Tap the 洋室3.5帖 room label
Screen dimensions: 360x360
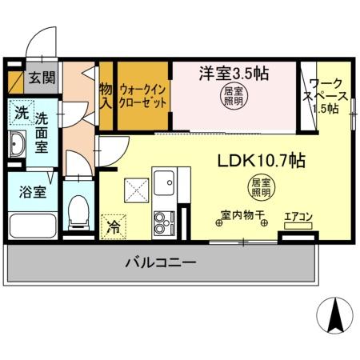tap(233, 73)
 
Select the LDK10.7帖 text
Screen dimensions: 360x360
tap(261, 160)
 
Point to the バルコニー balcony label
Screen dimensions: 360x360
tap(160, 262)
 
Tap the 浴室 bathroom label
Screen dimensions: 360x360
tap(22, 192)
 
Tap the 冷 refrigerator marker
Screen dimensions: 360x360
tap(114, 226)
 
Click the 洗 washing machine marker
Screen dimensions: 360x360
tap(19, 112)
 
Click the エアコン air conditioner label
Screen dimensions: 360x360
tap(298, 216)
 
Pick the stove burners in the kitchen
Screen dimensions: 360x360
tap(162, 222)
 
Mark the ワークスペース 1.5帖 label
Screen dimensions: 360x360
tap(326, 95)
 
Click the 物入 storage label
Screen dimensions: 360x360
tap(106, 95)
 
